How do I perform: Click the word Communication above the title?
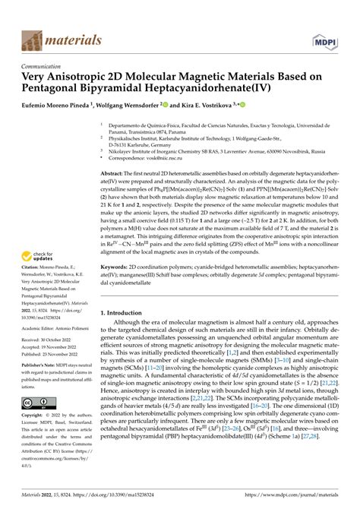tap(44, 66)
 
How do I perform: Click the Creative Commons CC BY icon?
tap(38, 403)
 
